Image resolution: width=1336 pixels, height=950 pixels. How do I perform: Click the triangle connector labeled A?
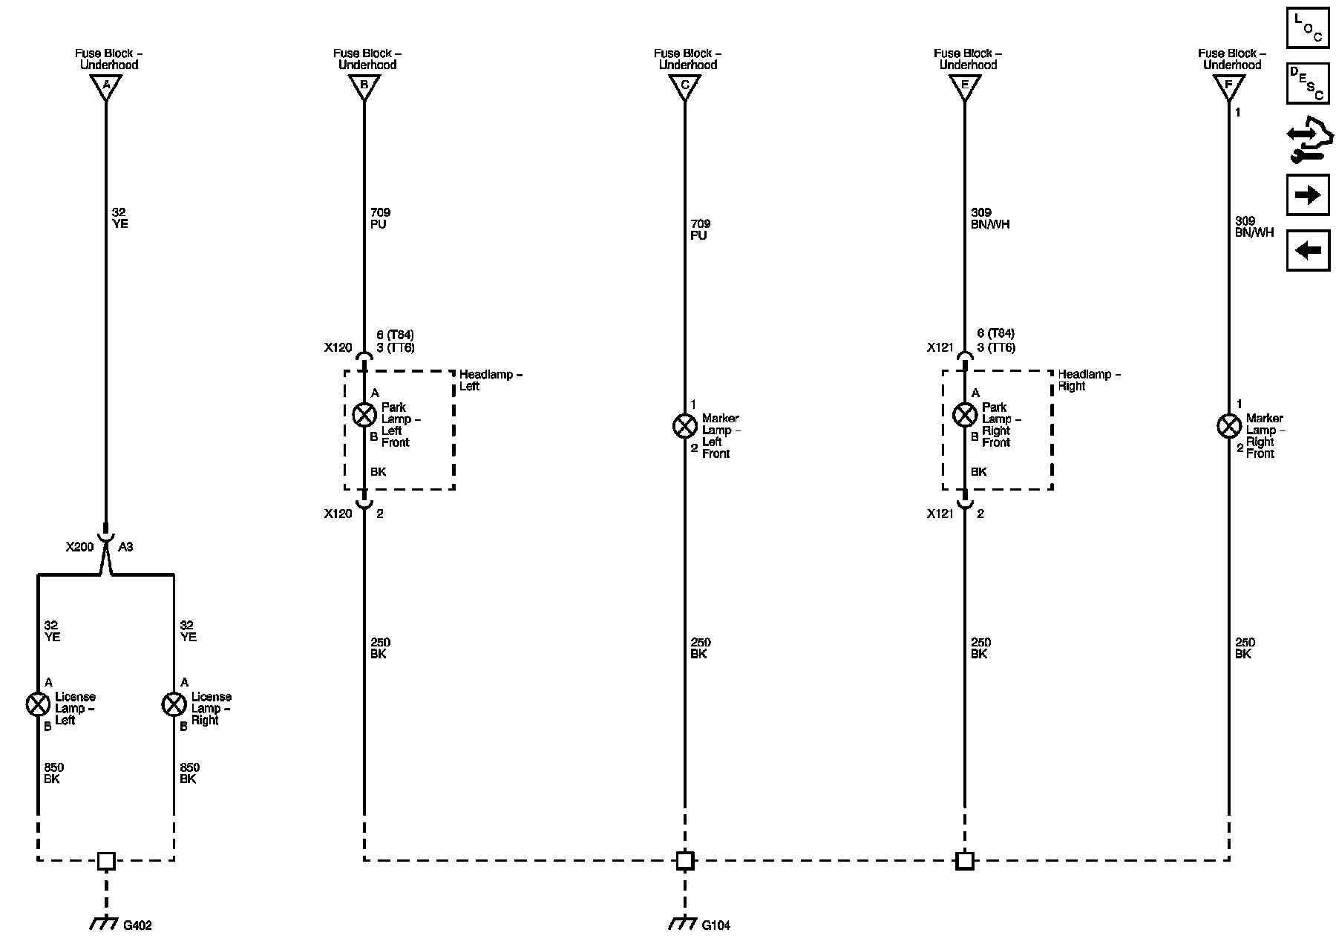point(106,86)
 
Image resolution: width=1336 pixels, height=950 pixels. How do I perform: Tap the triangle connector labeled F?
point(1228,86)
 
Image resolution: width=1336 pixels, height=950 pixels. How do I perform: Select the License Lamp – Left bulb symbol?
point(38,704)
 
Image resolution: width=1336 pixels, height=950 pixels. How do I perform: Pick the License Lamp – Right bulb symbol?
point(174,704)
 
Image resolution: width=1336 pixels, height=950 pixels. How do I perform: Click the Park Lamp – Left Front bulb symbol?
point(364,414)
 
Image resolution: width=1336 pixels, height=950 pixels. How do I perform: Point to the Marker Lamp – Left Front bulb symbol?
point(684,426)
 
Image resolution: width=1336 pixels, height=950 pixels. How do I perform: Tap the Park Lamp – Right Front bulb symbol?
point(964,414)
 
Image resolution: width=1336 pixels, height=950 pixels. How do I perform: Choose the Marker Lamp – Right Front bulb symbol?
point(1229,426)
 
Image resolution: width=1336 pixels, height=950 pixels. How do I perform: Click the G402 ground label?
point(137,926)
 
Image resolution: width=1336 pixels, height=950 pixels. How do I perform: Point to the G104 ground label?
point(716,926)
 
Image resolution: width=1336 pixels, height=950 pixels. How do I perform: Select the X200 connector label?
point(79,547)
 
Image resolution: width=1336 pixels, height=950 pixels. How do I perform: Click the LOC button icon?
point(1308,27)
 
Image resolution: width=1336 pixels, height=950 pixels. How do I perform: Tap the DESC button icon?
point(1308,82)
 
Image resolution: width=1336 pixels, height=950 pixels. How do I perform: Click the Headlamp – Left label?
point(491,380)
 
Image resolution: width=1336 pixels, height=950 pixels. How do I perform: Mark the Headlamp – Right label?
point(1089,380)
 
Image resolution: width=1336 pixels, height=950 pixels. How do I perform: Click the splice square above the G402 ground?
point(106,860)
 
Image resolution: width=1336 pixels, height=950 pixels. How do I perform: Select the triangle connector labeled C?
point(684,86)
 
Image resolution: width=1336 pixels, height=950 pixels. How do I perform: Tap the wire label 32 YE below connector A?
point(119,217)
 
